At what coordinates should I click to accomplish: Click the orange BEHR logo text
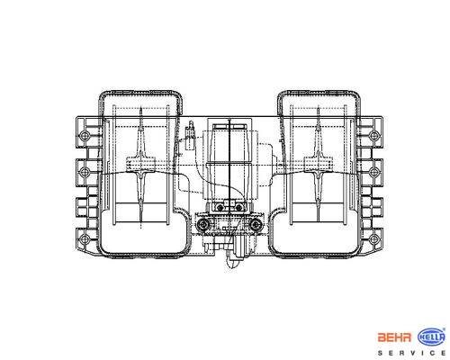[394, 337]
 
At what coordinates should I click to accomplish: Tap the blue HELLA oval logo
[431, 337]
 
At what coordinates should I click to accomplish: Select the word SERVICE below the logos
[411, 353]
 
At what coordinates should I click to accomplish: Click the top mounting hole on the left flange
[85, 135]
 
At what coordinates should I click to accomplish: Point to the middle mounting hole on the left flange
[85, 172]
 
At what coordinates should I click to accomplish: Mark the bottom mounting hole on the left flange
[85, 239]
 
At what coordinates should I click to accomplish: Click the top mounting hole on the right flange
[373, 135]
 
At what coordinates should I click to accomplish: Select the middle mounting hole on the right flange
[373, 172]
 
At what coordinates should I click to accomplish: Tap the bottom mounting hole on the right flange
[373, 239]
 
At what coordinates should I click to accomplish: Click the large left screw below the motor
[203, 224]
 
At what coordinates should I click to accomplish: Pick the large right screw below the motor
[256, 224]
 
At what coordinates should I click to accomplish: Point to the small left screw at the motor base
[220, 207]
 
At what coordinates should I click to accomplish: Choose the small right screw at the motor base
[238, 207]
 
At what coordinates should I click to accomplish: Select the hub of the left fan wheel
[140, 165]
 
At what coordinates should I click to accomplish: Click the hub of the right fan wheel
[318, 165]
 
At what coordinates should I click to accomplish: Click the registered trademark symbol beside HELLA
[444, 329]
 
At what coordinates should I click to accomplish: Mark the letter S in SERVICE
[380, 353]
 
